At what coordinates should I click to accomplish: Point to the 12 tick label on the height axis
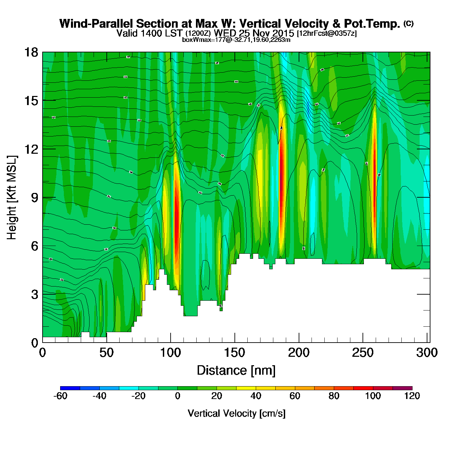[31, 149]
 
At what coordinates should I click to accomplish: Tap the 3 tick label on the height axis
[34, 294]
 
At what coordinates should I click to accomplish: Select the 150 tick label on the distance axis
[234, 353]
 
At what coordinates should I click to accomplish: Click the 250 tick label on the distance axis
[363, 353]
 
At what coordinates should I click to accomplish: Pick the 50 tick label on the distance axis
[106, 353]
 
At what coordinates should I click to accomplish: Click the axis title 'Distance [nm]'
[236, 371]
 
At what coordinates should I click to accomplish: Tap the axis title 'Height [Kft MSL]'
[12, 198]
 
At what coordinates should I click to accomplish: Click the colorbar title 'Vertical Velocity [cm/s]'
[236, 413]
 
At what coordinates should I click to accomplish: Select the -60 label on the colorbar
[60, 396]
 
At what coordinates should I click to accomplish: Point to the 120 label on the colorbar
[412, 396]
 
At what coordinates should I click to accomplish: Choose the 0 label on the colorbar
[178, 396]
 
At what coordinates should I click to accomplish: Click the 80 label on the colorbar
[334, 396]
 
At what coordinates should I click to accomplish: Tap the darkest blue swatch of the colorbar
[70, 388]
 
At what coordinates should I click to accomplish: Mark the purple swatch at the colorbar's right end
[402, 388]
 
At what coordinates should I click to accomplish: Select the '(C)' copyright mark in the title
[408, 23]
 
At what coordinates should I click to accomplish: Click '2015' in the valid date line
[283, 33]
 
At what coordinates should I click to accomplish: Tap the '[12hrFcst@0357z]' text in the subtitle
[327, 33]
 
